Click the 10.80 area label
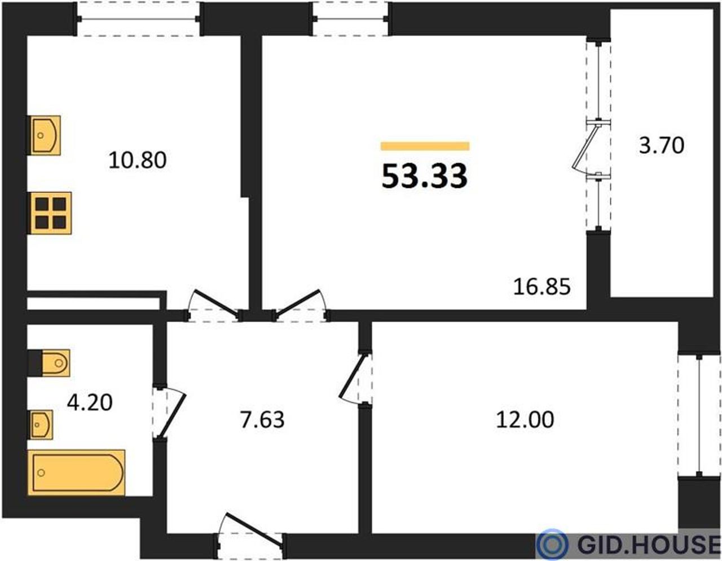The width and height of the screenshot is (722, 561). pyautogui.click(x=137, y=160)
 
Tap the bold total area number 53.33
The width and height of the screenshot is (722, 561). pyautogui.click(x=425, y=177)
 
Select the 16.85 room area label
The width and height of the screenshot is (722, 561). pyautogui.click(x=541, y=287)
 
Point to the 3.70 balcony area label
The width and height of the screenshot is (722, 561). pyautogui.click(x=662, y=146)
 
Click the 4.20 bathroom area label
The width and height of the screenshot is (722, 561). pyautogui.click(x=90, y=402)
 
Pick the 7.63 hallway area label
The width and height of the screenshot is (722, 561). pyautogui.click(x=262, y=420)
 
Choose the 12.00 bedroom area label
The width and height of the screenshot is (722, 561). pyautogui.click(x=525, y=419)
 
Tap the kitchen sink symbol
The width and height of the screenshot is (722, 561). pyautogui.click(x=44, y=135)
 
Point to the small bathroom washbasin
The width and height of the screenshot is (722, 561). pyautogui.click(x=41, y=424)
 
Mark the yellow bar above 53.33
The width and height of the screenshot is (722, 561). pyautogui.click(x=425, y=146)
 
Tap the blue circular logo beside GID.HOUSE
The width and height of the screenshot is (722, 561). pyautogui.click(x=552, y=544)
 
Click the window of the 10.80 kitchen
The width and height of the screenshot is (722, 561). pyautogui.click(x=138, y=19)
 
